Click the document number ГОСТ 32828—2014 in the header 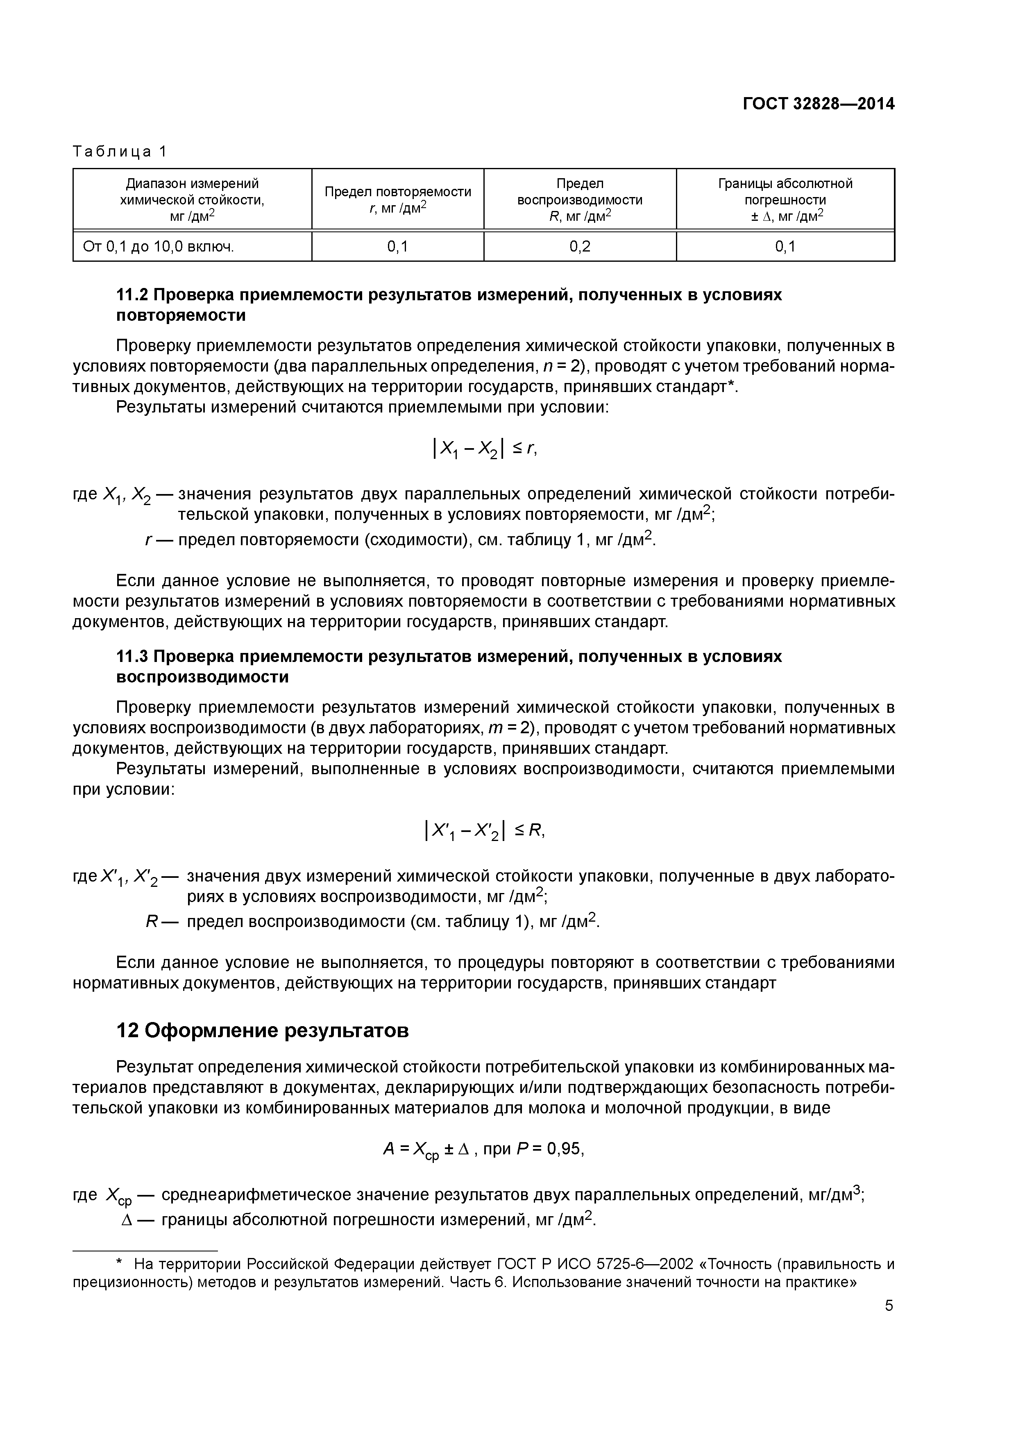click(818, 104)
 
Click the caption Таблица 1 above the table click(120, 152)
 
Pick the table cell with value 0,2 click(580, 247)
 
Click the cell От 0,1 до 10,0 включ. click(159, 247)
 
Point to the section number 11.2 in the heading click(132, 295)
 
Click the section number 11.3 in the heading click(132, 657)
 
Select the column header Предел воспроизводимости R click(580, 199)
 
